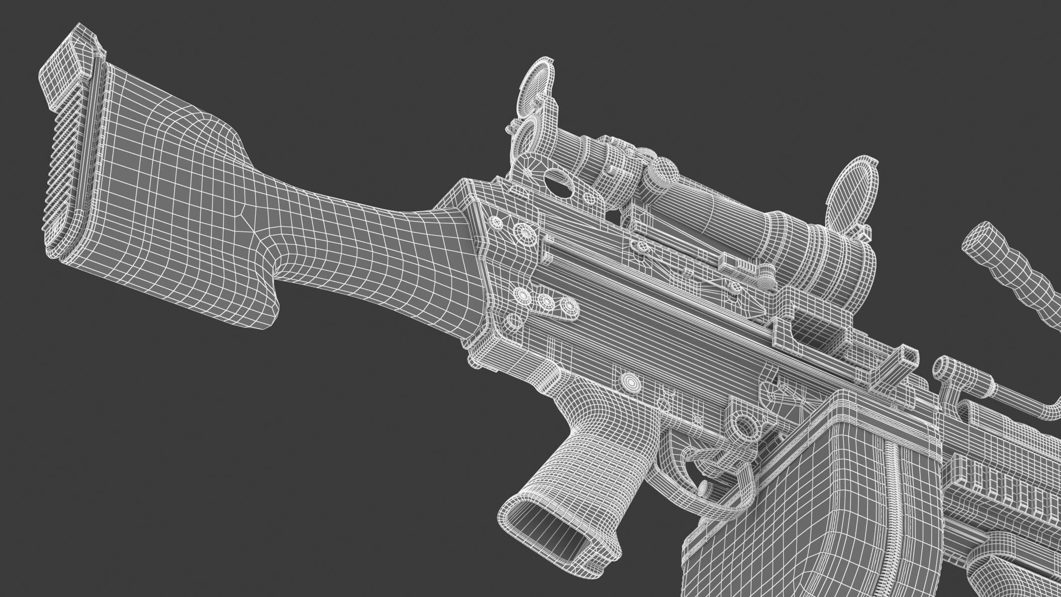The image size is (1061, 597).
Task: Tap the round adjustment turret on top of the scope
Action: (x=664, y=172)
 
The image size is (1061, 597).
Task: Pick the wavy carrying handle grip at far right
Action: (x=1010, y=269)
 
